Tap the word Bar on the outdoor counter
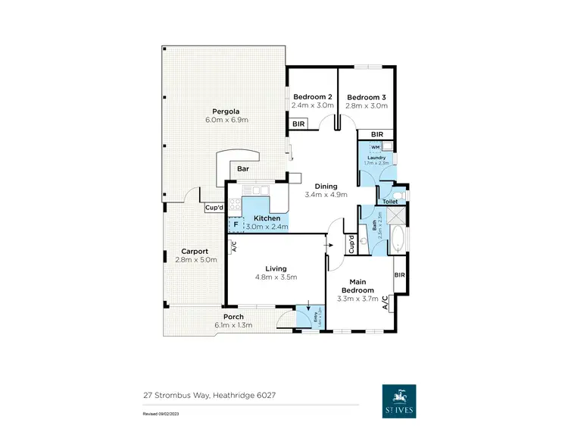pyautogui.click(x=243, y=168)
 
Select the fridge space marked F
pyautogui.click(x=236, y=224)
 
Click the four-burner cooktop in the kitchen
pyautogui.click(x=236, y=202)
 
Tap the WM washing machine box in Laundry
pyautogui.click(x=376, y=148)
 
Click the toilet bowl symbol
pyautogui.click(x=401, y=194)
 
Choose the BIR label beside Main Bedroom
pyautogui.click(x=399, y=275)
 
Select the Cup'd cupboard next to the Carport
pyautogui.click(x=214, y=208)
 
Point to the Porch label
pyautogui.click(x=233, y=317)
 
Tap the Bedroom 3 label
pyautogui.click(x=367, y=97)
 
